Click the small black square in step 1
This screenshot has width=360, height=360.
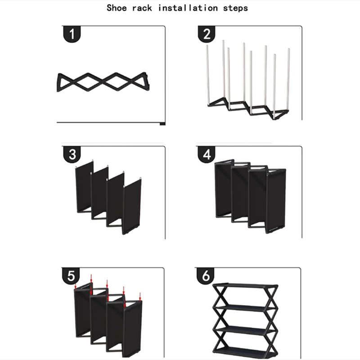click(162, 123)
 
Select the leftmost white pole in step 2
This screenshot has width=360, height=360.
click(208, 74)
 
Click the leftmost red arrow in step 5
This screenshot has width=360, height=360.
click(76, 285)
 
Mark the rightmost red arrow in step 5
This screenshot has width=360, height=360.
click(140, 296)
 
